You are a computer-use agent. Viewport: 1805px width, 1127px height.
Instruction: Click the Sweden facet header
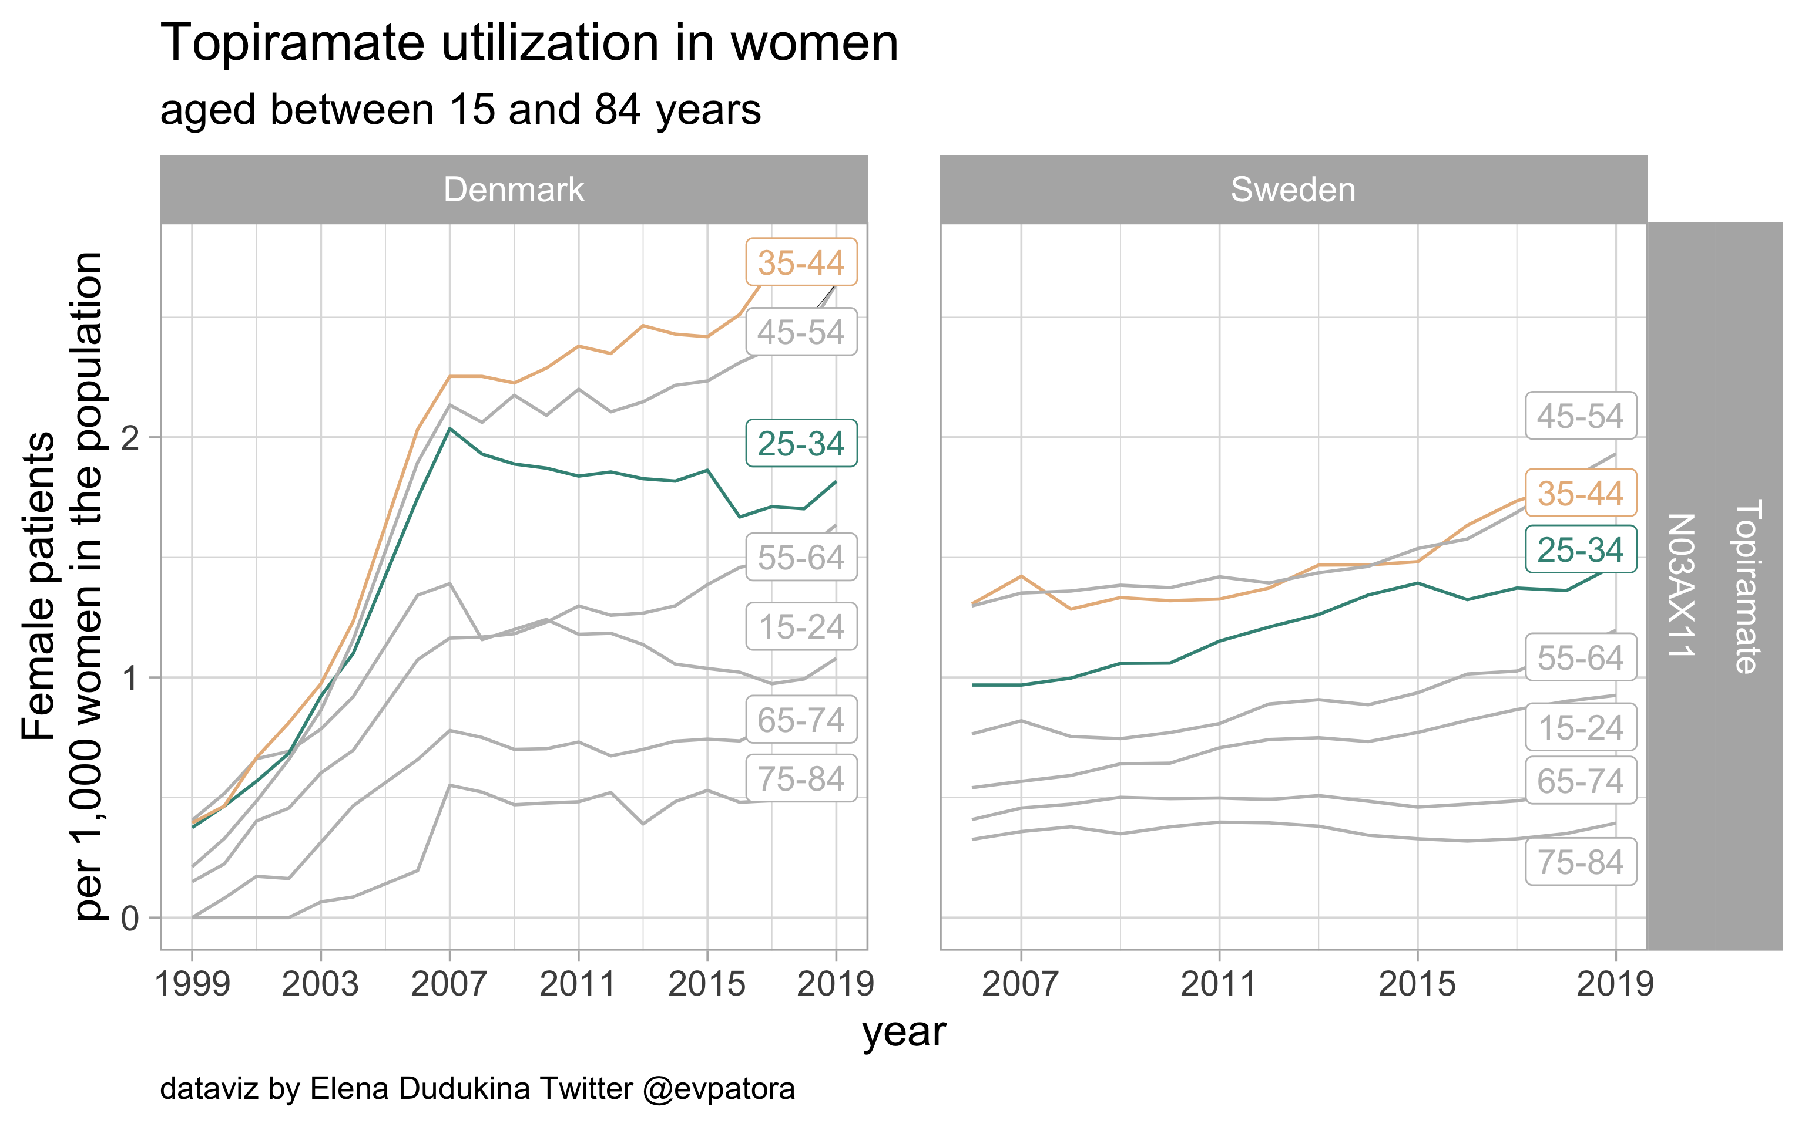[x=1293, y=190]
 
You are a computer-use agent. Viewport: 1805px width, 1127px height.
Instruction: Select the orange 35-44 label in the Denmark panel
[x=801, y=262]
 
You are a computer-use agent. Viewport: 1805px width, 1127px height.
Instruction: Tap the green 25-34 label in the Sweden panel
[x=1581, y=549]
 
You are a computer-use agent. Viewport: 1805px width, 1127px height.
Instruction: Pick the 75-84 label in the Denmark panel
[x=801, y=779]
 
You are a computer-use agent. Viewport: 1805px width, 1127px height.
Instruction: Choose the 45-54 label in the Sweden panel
[x=1581, y=416]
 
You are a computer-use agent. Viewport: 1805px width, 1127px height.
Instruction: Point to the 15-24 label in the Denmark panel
[x=801, y=627]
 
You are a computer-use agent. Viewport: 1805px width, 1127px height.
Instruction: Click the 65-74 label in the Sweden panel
[x=1581, y=781]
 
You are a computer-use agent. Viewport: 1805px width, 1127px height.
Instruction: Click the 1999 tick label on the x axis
[x=193, y=984]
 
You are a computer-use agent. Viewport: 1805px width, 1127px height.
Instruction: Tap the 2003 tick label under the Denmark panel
[x=321, y=984]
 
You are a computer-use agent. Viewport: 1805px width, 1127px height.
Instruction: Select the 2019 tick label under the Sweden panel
[x=1615, y=984]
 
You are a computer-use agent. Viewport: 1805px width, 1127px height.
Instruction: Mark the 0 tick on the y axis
[x=130, y=918]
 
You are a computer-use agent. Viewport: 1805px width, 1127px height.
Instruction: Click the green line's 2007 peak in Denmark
[x=449, y=428]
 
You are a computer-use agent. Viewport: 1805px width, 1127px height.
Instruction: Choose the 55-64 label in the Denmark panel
[x=801, y=558]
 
